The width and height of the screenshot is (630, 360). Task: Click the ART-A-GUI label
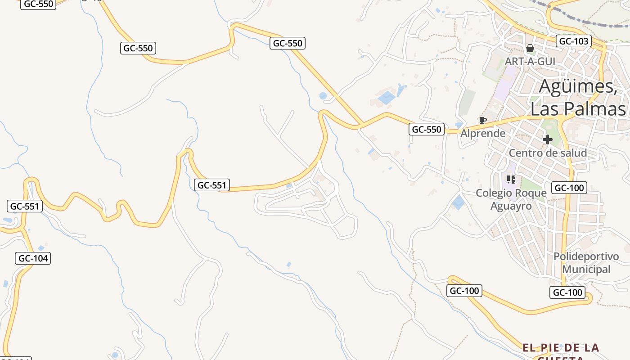coord(530,61)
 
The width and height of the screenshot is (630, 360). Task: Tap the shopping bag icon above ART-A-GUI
coord(530,48)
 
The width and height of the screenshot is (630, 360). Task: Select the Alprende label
coord(483,134)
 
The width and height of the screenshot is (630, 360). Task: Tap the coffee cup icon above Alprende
coord(482,120)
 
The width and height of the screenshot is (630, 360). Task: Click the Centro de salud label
coord(548,153)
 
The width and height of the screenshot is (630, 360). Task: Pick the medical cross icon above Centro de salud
coord(547,139)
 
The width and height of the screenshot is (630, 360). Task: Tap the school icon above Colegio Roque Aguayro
coord(511,180)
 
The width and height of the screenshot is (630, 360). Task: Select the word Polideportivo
coord(586,256)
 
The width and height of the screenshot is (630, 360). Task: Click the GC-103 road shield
coord(573,41)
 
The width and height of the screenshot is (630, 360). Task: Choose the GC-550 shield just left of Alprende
coord(427,130)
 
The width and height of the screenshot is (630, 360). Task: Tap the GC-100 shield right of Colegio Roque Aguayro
coord(569,188)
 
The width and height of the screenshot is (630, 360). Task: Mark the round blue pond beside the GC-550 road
coord(323,96)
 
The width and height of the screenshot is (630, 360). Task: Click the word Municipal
coord(586,270)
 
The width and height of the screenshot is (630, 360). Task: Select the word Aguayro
coord(511,206)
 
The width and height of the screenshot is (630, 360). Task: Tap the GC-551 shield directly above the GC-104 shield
coord(25,207)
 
